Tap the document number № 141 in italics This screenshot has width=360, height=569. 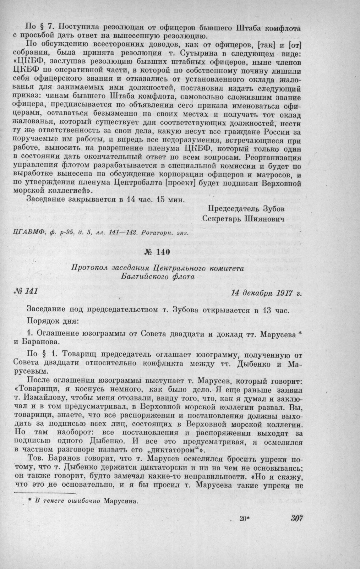pos(25,291)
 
